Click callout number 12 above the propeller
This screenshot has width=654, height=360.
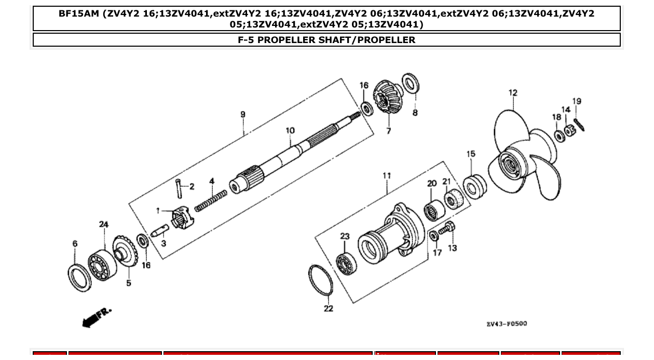click(513, 93)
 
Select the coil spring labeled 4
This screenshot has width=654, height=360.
click(211, 201)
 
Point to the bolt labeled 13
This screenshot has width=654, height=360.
click(446, 228)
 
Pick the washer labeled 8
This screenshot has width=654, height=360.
click(411, 83)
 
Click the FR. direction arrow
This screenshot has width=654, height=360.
click(96, 317)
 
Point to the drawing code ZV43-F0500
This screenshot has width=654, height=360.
click(507, 324)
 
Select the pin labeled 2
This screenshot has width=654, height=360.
click(179, 188)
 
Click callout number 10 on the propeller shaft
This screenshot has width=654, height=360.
click(290, 130)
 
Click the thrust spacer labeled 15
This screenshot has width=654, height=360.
click(474, 186)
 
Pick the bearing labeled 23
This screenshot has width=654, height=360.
click(346, 264)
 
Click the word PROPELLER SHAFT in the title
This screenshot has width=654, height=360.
click(307, 40)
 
